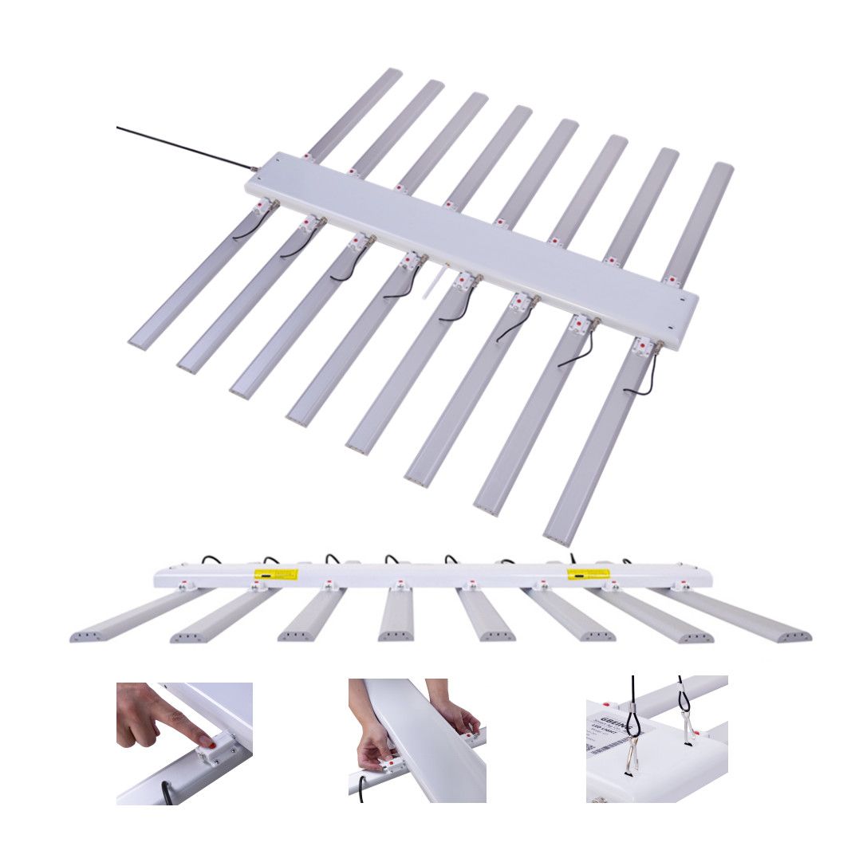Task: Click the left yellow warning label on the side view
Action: point(275,573)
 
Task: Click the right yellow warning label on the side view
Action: point(588,573)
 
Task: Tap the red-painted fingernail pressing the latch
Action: point(209,742)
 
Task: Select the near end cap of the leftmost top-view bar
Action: point(138,343)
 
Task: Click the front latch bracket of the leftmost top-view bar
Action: point(262,207)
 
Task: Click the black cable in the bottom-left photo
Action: point(165,791)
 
